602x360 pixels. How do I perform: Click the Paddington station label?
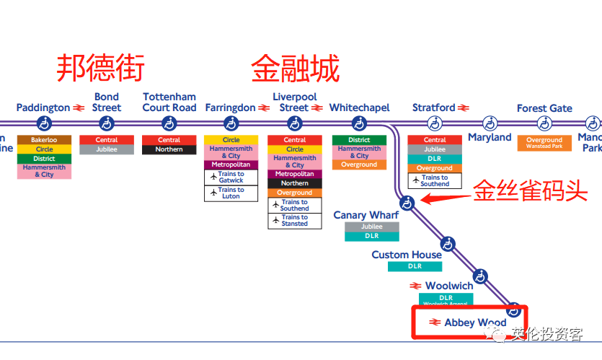pyautogui.click(x=43, y=108)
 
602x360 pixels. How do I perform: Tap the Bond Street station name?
pyautogui.click(x=107, y=102)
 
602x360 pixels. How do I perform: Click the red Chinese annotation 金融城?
pyautogui.click(x=295, y=69)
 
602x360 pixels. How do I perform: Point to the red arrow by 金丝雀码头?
pyautogui.click(x=443, y=196)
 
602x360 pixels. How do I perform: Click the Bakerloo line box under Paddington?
pyautogui.click(x=44, y=140)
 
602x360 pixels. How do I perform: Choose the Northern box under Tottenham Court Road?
pyautogui.click(x=169, y=150)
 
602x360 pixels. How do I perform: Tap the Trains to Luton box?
pyautogui.click(x=231, y=193)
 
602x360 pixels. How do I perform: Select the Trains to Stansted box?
pyautogui.click(x=294, y=221)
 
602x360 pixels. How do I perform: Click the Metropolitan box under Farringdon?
pyautogui.click(x=231, y=164)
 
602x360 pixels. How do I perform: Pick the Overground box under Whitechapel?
pyautogui.click(x=359, y=164)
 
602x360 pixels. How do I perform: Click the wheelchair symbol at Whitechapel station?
pyautogui.click(x=359, y=123)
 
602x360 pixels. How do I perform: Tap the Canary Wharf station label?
pyautogui.click(x=366, y=215)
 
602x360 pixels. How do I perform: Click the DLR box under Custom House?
pyautogui.click(x=415, y=266)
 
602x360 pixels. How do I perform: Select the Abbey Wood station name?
pyautogui.click(x=475, y=322)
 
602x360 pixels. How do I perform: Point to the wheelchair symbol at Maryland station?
pyautogui.click(x=490, y=123)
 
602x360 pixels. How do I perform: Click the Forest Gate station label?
pyautogui.click(x=544, y=108)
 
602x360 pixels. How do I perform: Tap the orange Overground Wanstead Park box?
pyautogui.click(x=544, y=143)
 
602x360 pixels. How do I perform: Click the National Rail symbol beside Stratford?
pyautogui.click(x=464, y=108)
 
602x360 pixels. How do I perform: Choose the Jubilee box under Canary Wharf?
pyautogui.click(x=371, y=227)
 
